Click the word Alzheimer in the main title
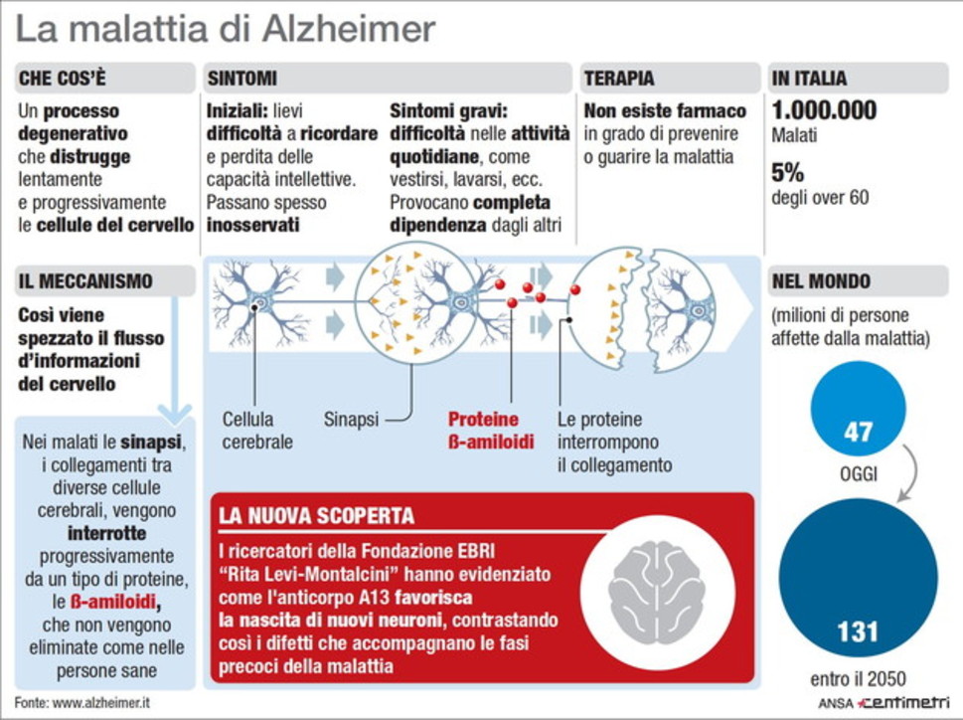(x=349, y=29)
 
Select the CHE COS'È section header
(x=62, y=79)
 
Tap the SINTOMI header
(x=241, y=79)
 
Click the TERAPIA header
(x=619, y=79)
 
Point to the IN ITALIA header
(x=809, y=79)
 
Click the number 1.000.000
(x=824, y=110)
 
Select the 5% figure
(x=787, y=173)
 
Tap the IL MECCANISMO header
(x=85, y=281)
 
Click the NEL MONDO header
(x=821, y=281)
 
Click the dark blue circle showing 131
(x=858, y=578)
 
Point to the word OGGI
(x=858, y=474)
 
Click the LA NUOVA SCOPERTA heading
(x=316, y=515)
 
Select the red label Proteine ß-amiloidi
(x=490, y=431)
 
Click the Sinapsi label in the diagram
(x=351, y=420)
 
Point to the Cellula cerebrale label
(x=257, y=431)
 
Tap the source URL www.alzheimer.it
(x=100, y=703)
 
